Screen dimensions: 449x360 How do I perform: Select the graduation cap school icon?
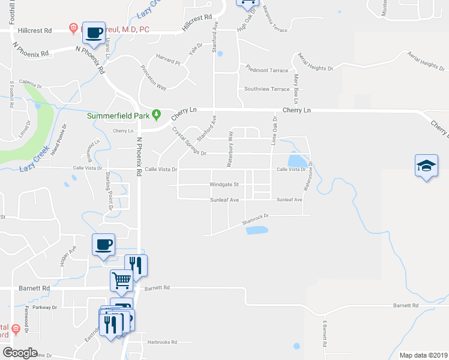(426, 166)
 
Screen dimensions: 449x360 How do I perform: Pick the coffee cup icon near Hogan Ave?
(103, 245)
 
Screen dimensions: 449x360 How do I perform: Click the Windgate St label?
(224, 185)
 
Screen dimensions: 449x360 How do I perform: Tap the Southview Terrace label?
(267, 89)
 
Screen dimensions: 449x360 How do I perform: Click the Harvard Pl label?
(168, 61)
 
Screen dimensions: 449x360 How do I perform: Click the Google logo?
(20, 352)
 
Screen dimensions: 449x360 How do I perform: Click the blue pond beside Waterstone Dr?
(296, 161)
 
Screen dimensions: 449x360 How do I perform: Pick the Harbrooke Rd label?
(161, 343)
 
